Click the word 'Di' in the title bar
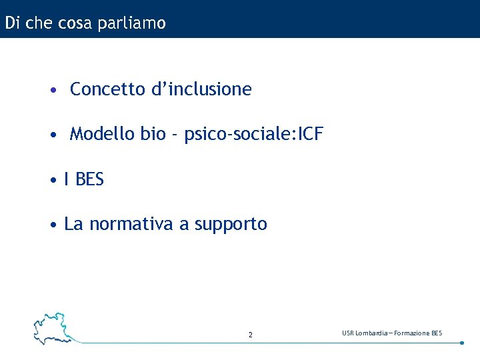(x=11, y=23)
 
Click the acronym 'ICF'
(x=310, y=135)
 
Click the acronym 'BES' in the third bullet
(x=90, y=180)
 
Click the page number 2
(x=251, y=335)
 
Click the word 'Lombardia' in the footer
(x=369, y=333)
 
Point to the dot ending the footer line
(x=462, y=343)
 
